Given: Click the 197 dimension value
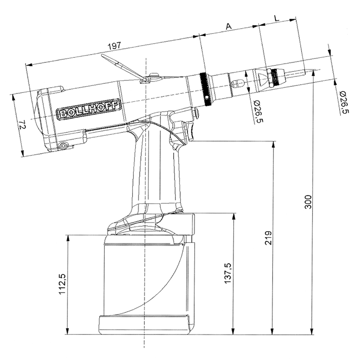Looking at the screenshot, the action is (x=114, y=46).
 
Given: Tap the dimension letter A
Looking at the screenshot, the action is (x=228, y=26).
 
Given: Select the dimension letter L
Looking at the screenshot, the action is (x=277, y=18).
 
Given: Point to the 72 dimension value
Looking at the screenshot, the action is (x=22, y=125).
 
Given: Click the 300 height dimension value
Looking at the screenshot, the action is (x=308, y=202).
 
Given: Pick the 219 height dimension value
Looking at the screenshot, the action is (x=268, y=238).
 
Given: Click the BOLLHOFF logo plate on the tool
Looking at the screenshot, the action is (x=88, y=109).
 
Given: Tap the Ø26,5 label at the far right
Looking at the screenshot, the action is (x=344, y=102).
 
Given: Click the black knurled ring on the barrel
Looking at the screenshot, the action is (x=205, y=89).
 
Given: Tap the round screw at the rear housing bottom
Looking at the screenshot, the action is (x=63, y=146).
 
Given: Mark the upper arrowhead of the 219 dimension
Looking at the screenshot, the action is (x=273, y=145).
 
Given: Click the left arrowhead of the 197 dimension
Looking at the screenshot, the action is (x=28, y=65).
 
